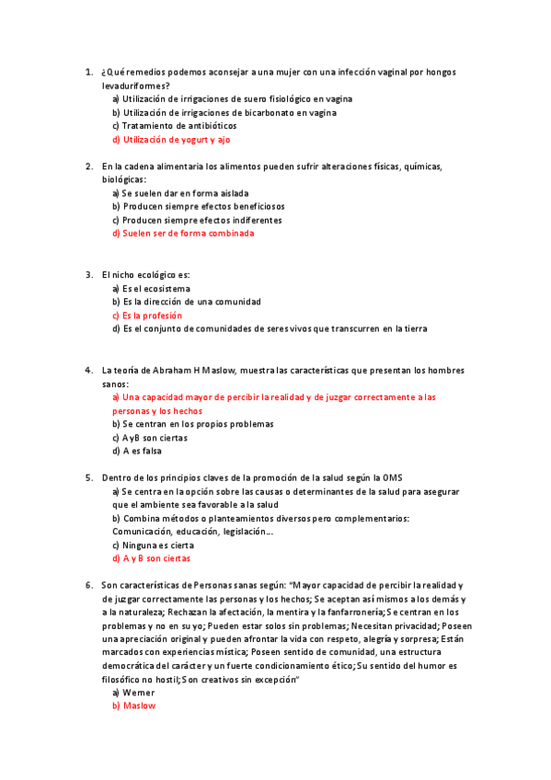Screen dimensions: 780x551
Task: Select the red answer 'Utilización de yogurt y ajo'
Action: (176, 140)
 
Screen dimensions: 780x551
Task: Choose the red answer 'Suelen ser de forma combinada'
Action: (188, 234)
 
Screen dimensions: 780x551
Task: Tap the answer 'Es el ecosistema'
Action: (155, 289)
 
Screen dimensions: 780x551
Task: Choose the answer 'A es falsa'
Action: (142, 452)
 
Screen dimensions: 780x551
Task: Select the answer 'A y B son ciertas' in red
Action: (156, 558)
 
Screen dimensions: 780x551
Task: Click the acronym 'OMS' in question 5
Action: (392, 478)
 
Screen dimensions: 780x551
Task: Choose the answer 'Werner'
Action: (138, 692)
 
